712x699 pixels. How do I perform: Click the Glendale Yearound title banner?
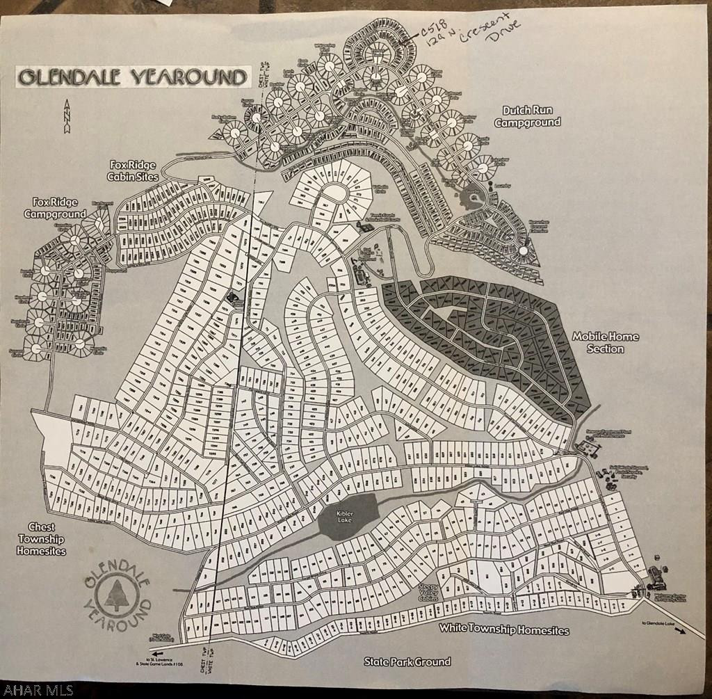click(x=133, y=77)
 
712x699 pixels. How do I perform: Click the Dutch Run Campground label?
click(x=526, y=116)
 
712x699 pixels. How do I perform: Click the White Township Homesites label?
click(x=503, y=630)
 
